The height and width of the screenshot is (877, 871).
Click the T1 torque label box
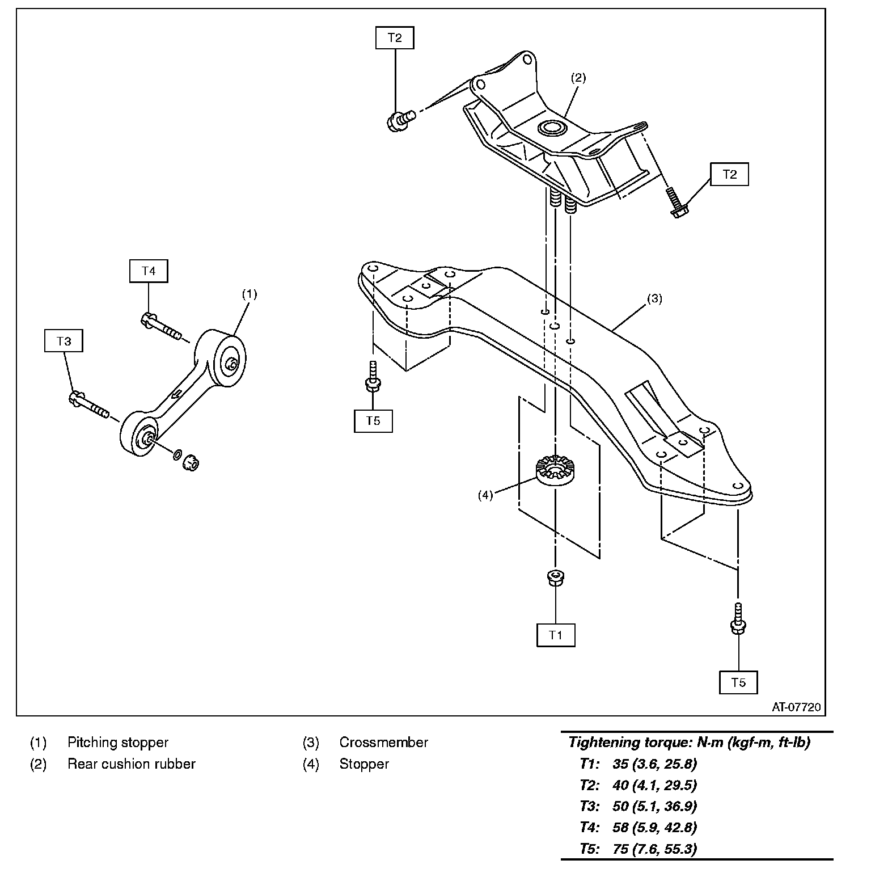556,635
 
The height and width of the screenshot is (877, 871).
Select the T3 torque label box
64,341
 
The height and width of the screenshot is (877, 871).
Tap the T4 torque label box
149,271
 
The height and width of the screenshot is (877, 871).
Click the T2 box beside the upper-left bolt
395,38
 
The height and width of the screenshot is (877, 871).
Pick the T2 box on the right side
729,174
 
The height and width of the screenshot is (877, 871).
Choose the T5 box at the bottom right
738,682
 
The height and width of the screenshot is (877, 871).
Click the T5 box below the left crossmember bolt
373,421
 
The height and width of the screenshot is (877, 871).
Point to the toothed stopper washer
552,470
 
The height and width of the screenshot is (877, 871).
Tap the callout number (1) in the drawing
250,294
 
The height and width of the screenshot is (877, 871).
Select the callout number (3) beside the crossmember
654,298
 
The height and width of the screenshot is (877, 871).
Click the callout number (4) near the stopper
485,495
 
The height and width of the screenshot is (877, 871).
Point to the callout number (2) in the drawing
578,78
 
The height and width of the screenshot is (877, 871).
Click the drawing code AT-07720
796,707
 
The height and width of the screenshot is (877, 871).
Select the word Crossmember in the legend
383,743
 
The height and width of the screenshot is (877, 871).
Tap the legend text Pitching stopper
118,743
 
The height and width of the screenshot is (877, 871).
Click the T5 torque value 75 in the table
620,849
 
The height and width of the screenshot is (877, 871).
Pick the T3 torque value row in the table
638,806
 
